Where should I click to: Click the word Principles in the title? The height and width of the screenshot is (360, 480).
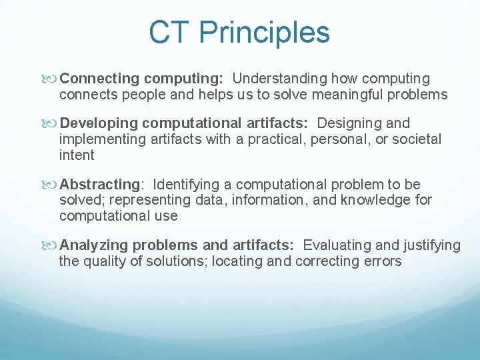pyautogui.click(x=264, y=32)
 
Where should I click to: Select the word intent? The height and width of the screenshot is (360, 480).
pyautogui.click(x=77, y=155)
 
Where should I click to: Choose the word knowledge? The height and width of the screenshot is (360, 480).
pyautogui.click(x=377, y=200)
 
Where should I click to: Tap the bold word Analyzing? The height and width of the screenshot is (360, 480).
pyautogui.click(x=93, y=245)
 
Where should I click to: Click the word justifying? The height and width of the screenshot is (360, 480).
pyautogui.click(x=431, y=245)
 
